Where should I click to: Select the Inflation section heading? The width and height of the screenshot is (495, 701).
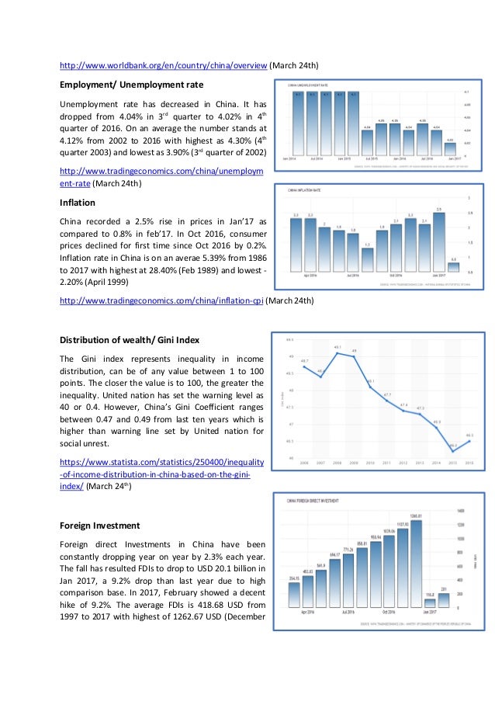click(x=78, y=203)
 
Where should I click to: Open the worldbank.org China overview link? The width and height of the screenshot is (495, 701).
click(x=164, y=64)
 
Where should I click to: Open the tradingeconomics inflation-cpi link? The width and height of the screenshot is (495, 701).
click(x=161, y=301)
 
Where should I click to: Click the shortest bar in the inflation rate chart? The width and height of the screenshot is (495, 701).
click(x=454, y=268)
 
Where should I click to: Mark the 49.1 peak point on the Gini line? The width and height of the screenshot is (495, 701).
click(x=337, y=353)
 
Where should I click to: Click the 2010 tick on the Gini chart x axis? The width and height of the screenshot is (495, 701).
click(x=371, y=463)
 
